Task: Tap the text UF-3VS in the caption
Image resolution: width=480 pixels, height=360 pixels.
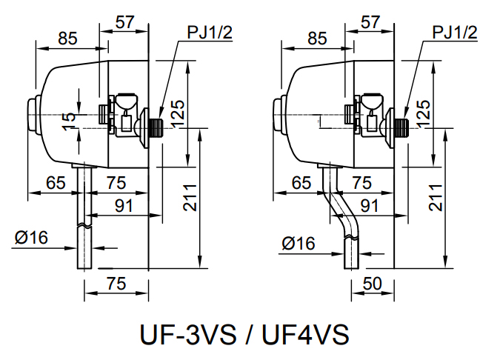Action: (x=187, y=333)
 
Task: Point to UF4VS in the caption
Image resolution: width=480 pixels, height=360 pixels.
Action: (x=302, y=333)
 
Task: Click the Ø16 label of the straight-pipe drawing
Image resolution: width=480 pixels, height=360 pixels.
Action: (x=31, y=238)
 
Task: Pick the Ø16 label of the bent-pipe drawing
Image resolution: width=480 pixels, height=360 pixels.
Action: (x=299, y=243)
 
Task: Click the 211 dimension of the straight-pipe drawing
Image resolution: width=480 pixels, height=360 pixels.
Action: (x=192, y=197)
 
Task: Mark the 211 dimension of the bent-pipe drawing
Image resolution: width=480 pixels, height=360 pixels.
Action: (x=436, y=197)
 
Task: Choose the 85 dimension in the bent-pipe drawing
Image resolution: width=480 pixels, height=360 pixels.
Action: (x=317, y=38)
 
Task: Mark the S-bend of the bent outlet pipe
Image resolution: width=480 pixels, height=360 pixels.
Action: (x=339, y=212)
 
